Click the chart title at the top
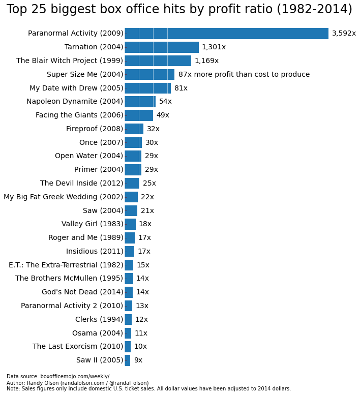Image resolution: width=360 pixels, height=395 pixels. (x=179, y=10)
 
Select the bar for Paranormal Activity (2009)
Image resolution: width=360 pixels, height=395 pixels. (x=226, y=34)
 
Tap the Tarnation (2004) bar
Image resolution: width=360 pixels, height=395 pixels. (x=162, y=47)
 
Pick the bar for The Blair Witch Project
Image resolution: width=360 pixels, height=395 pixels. (x=158, y=61)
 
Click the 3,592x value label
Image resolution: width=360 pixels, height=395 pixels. (x=344, y=34)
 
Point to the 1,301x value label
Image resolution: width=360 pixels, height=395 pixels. (x=214, y=47)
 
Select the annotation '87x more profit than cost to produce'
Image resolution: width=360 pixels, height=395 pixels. (x=244, y=75)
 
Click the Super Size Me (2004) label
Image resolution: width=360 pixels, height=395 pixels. (x=85, y=75)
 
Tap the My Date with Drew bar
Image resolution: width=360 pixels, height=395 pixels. (x=147, y=88)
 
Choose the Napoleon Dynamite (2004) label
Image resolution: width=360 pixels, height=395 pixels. (x=75, y=102)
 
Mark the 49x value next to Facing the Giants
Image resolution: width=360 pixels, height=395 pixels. (x=163, y=115)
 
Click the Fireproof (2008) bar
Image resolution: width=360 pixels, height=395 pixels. (x=134, y=129)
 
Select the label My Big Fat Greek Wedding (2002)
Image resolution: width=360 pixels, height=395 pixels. (x=64, y=197)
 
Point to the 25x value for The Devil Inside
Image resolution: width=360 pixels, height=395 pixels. (x=149, y=184)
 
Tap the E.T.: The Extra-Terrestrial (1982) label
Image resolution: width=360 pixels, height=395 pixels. (x=66, y=265)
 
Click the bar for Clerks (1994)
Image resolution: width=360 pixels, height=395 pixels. (x=128, y=320)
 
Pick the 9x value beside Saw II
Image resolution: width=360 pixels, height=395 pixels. (x=138, y=360)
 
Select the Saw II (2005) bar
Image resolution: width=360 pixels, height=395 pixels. (x=128, y=360)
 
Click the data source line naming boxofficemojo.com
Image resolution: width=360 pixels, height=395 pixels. (x=58, y=377)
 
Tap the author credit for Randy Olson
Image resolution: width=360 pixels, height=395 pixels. (x=77, y=383)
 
